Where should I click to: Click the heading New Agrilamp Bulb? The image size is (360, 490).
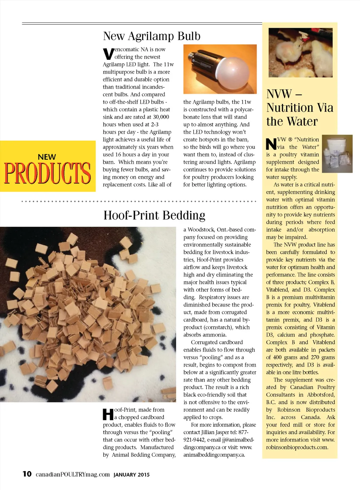tap(152, 36)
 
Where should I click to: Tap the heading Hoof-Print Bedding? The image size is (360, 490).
tap(154, 215)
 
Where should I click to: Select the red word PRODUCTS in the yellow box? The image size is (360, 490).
tap(47, 173)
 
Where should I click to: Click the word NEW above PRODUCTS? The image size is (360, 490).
tap(47, 157)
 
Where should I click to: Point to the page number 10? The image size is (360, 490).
tap(27, 474)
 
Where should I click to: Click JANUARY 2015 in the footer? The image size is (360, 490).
tap(131, 475)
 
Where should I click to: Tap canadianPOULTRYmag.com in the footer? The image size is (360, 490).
tap(73, 474)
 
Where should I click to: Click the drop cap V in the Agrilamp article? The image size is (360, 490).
tap(108, 54)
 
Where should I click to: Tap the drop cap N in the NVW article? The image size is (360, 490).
tap(271, 144)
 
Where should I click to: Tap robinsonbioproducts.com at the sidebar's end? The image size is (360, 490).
tap(297, 447)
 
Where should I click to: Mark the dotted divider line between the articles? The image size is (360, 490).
tap(139, 201)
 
